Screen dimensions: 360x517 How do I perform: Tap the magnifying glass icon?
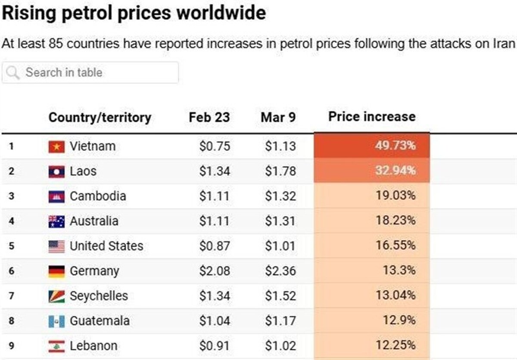click(13, 72)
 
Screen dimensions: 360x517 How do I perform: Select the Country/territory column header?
click(100, 117)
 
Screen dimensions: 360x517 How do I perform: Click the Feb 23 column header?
click(209, 117)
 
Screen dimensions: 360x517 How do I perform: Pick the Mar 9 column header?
click(278, 117)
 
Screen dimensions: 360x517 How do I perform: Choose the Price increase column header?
click(372, 117)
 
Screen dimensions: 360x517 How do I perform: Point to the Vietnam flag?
click(56, 147)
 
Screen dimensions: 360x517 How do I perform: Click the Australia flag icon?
click(56, 221)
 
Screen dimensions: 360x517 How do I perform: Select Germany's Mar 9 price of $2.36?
click(280, 271)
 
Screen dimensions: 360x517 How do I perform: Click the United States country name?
click(106, 246)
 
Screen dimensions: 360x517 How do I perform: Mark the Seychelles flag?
click(56, 296)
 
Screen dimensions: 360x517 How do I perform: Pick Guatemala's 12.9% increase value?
click(399, 320)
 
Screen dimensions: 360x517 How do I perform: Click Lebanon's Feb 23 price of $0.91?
click(215, 346)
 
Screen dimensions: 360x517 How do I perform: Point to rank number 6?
click(12, 271)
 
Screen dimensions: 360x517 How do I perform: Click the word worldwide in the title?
click(221, 13)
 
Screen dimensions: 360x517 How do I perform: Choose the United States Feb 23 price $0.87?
click(215, 246)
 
